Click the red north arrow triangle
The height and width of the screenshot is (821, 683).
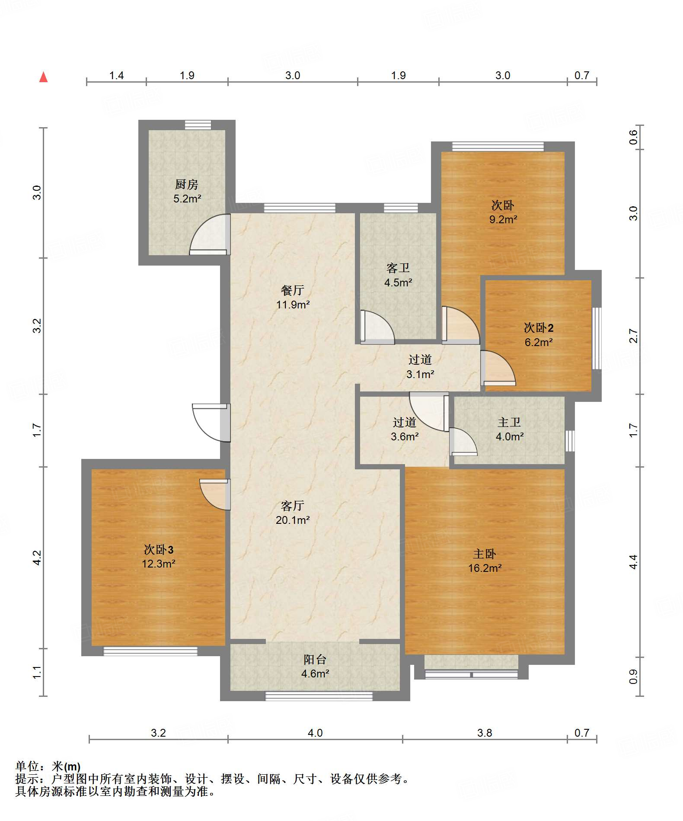point(43,77)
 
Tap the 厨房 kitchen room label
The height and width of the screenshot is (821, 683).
point(187,184)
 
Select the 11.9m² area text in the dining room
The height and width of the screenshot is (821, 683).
point(293,305)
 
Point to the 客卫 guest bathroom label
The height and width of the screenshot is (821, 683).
point(398,268)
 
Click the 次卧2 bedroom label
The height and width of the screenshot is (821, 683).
point(539,328)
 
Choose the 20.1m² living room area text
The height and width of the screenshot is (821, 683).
point(293,520)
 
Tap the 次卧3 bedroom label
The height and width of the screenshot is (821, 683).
point(159,549)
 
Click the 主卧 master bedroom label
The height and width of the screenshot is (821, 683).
point(485,554)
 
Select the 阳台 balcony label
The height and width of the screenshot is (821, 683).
point(315,659)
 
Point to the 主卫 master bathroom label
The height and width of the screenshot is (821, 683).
point(509,422)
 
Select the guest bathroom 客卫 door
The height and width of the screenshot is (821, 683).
point(377,327)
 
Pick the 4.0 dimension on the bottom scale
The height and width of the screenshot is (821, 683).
point(315,733)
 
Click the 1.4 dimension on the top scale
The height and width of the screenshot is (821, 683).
point(116,76)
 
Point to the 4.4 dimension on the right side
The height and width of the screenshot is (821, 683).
point(633,562)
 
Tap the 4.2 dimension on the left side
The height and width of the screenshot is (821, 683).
point(37,558)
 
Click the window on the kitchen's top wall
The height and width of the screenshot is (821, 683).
point(198,125)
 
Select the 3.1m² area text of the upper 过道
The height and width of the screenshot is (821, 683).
point(420,374)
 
